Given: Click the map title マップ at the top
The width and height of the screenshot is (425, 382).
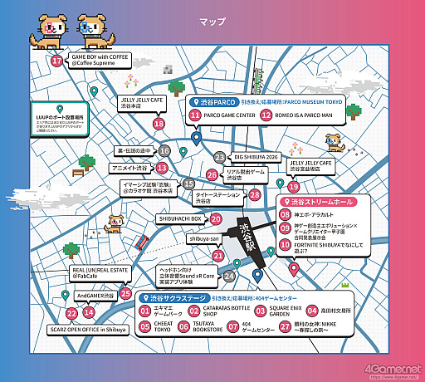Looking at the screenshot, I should tap(212, 19).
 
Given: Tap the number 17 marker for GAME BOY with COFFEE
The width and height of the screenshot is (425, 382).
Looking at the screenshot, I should tap(56, 61).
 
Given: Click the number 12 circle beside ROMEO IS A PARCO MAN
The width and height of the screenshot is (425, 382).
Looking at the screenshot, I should tap(266, 115).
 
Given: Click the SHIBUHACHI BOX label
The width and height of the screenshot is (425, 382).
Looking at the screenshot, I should tap(181, 219).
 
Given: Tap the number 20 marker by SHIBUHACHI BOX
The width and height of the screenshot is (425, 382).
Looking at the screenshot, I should tap(216, 220).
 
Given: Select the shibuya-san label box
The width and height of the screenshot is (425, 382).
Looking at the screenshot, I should tap(203, 238).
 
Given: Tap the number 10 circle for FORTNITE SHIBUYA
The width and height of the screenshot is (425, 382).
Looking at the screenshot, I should tap(286, 244).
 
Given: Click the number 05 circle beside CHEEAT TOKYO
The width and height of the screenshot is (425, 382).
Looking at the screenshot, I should tap(145, 326).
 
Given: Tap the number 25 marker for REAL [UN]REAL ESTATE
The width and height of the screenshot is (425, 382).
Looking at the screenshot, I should tap(126, 292).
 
